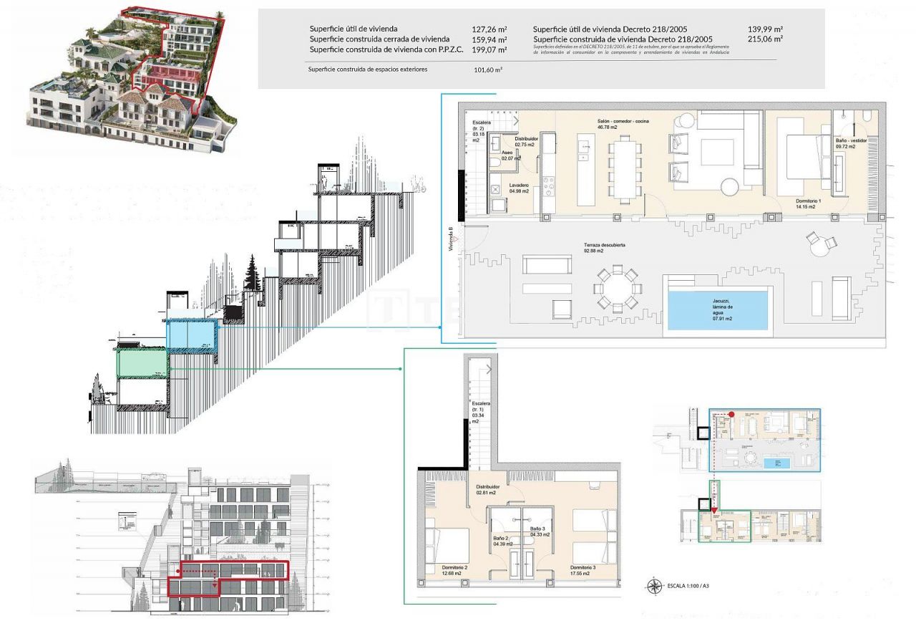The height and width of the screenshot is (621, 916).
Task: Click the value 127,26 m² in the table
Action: [489, 29]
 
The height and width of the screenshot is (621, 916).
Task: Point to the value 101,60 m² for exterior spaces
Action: [488, 70]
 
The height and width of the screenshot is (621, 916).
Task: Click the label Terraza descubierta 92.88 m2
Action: [605, 248]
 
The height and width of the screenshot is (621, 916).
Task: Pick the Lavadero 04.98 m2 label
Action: [520, 188]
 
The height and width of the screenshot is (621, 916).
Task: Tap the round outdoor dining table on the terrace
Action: [616, 287]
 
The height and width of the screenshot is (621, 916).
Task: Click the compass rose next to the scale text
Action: [654, 587]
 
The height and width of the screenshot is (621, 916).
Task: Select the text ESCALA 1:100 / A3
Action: [688, 587]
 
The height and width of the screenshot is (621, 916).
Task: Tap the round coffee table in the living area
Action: [729, 187]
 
